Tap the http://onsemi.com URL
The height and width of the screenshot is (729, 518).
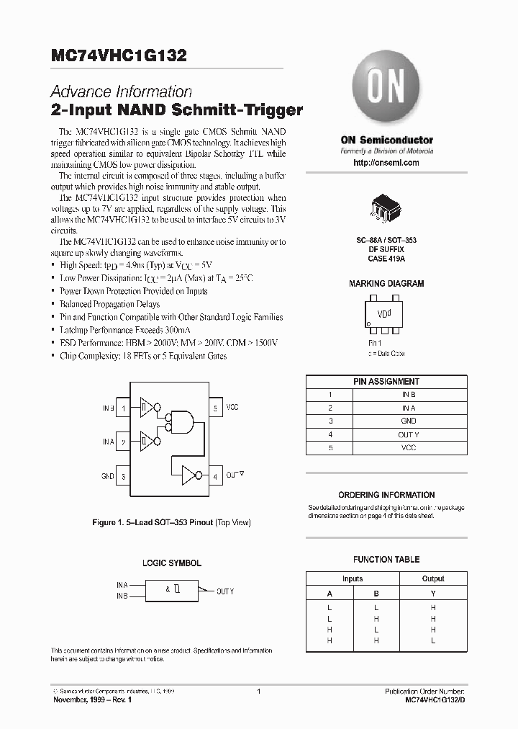pyautogui.click(x=386, y=164)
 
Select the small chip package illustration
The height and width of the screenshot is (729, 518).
pyautogui.click(x=386, y=207)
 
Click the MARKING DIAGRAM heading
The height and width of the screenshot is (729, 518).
pyautogui.click(x=386, y=284)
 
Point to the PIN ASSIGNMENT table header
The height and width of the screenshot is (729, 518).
pyautogui.click(x=386, y=381)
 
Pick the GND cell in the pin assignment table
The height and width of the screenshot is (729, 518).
pyautogui.click(x=408, y=421)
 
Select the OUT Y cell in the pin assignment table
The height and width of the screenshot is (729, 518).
pyautogui.click(x=408, y=434)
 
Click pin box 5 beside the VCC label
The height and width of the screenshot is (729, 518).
pyautogui.click(x=216, y=408)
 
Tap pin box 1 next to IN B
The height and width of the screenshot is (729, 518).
pyautogui.click(x=124, y=408)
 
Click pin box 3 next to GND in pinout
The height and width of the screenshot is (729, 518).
pyautogui.click(x=124, y=476)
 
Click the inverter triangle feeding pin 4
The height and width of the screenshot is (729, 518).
pyautogui.click(x=190, y=475)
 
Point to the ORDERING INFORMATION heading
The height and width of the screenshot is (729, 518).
pyautogui.click(x=386, y=495)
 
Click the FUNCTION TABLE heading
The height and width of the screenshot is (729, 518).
pyautogui.click(x=386, y=560)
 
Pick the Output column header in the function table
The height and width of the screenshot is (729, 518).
pyautogui.click(x=433, y=578)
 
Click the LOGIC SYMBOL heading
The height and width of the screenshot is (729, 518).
pyautogui.click(x=171, y=563)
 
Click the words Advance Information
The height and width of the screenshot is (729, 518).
pyautogui.click(x=122, y=92)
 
